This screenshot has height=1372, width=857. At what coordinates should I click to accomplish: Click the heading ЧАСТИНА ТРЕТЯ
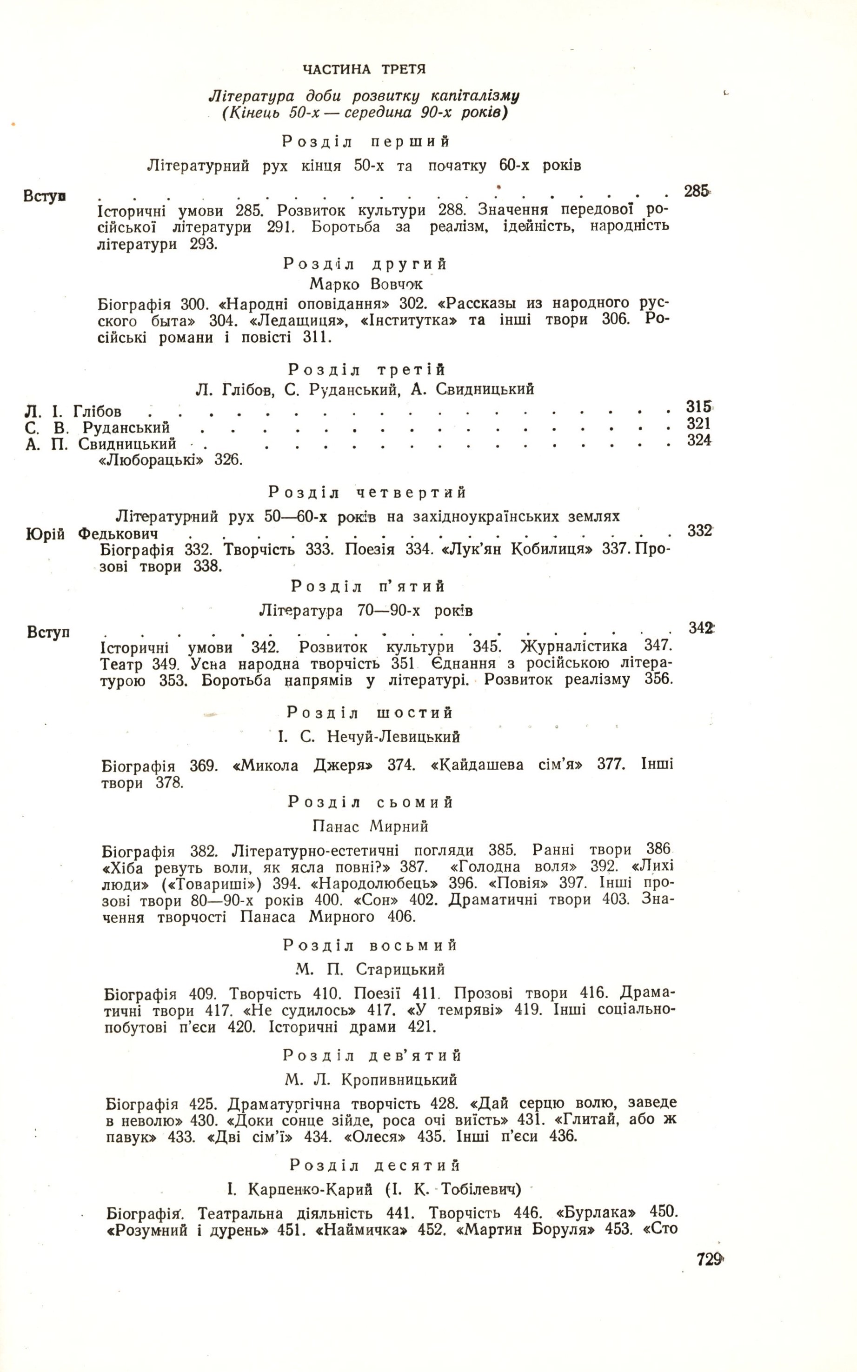(364, 70)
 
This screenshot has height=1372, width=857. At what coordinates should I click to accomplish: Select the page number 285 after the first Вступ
(697, 191)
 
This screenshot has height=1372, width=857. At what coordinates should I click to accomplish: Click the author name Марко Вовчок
(366, 284)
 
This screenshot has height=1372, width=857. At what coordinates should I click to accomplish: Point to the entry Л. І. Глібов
(73, 411)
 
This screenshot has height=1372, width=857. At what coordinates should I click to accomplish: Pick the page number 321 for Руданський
(699, 424)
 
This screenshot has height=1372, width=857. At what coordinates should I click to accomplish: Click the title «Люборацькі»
(153, 460)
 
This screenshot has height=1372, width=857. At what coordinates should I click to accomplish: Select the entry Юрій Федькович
(92, 533)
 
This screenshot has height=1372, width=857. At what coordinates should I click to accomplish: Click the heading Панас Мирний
(370, 826)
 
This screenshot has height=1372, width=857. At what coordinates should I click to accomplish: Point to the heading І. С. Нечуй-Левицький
(369, 737)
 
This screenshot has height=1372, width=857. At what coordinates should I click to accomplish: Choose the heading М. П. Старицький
(370, 970)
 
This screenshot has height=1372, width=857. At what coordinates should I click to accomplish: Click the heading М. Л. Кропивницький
(371, 1080)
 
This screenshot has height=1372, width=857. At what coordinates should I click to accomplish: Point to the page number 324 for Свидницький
(699, 440)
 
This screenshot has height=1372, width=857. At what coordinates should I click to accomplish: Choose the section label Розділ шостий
(370, 712)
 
